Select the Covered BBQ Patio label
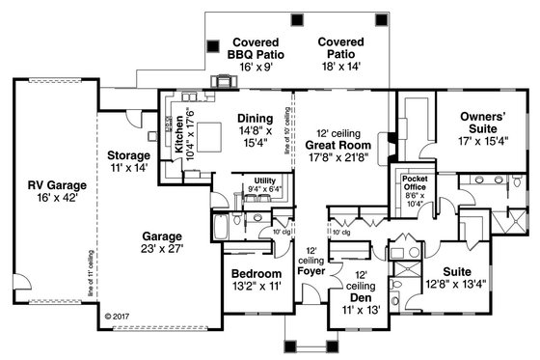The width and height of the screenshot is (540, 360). point(256,51)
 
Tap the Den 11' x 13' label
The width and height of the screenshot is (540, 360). point(359,292)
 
